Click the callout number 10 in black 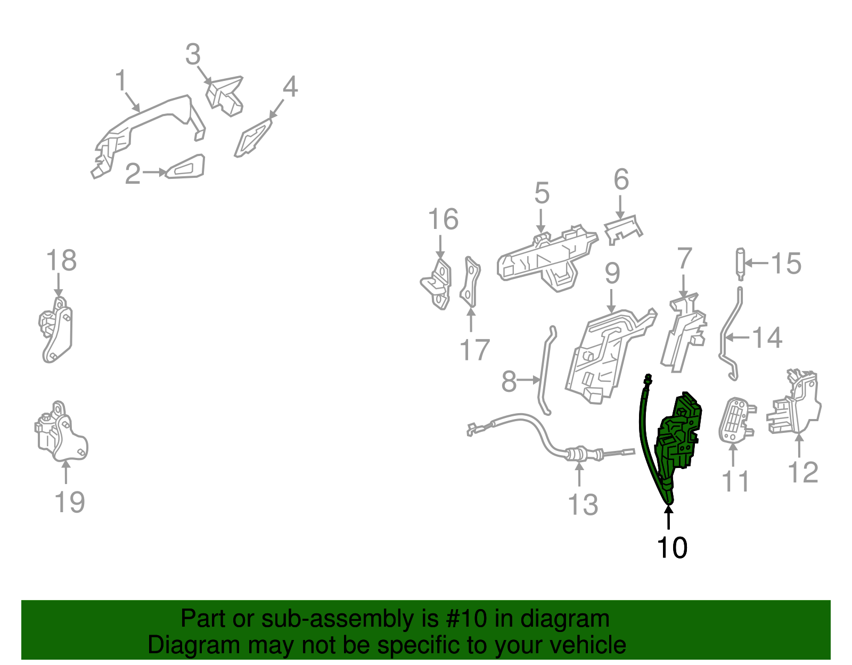click(x=671, y=547)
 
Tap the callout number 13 click(x=583, y=505)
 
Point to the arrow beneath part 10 click(x=668, y=518)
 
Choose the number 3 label click(x=193, y=54)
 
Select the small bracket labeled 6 click(x=622, y=230)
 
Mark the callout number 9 click(x=612, y=274)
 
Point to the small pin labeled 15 click(x=740, y=265)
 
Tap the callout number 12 click(x=802, y=472)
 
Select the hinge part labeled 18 click(x=56, y=330)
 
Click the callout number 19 click(x=69, y=502)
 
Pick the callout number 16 click(x=443, y=219)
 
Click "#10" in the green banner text click(x=465, y=619)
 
